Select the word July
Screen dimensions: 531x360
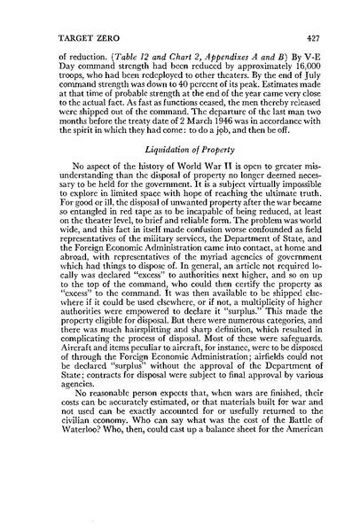pyautogui.click(x=305, y=86)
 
